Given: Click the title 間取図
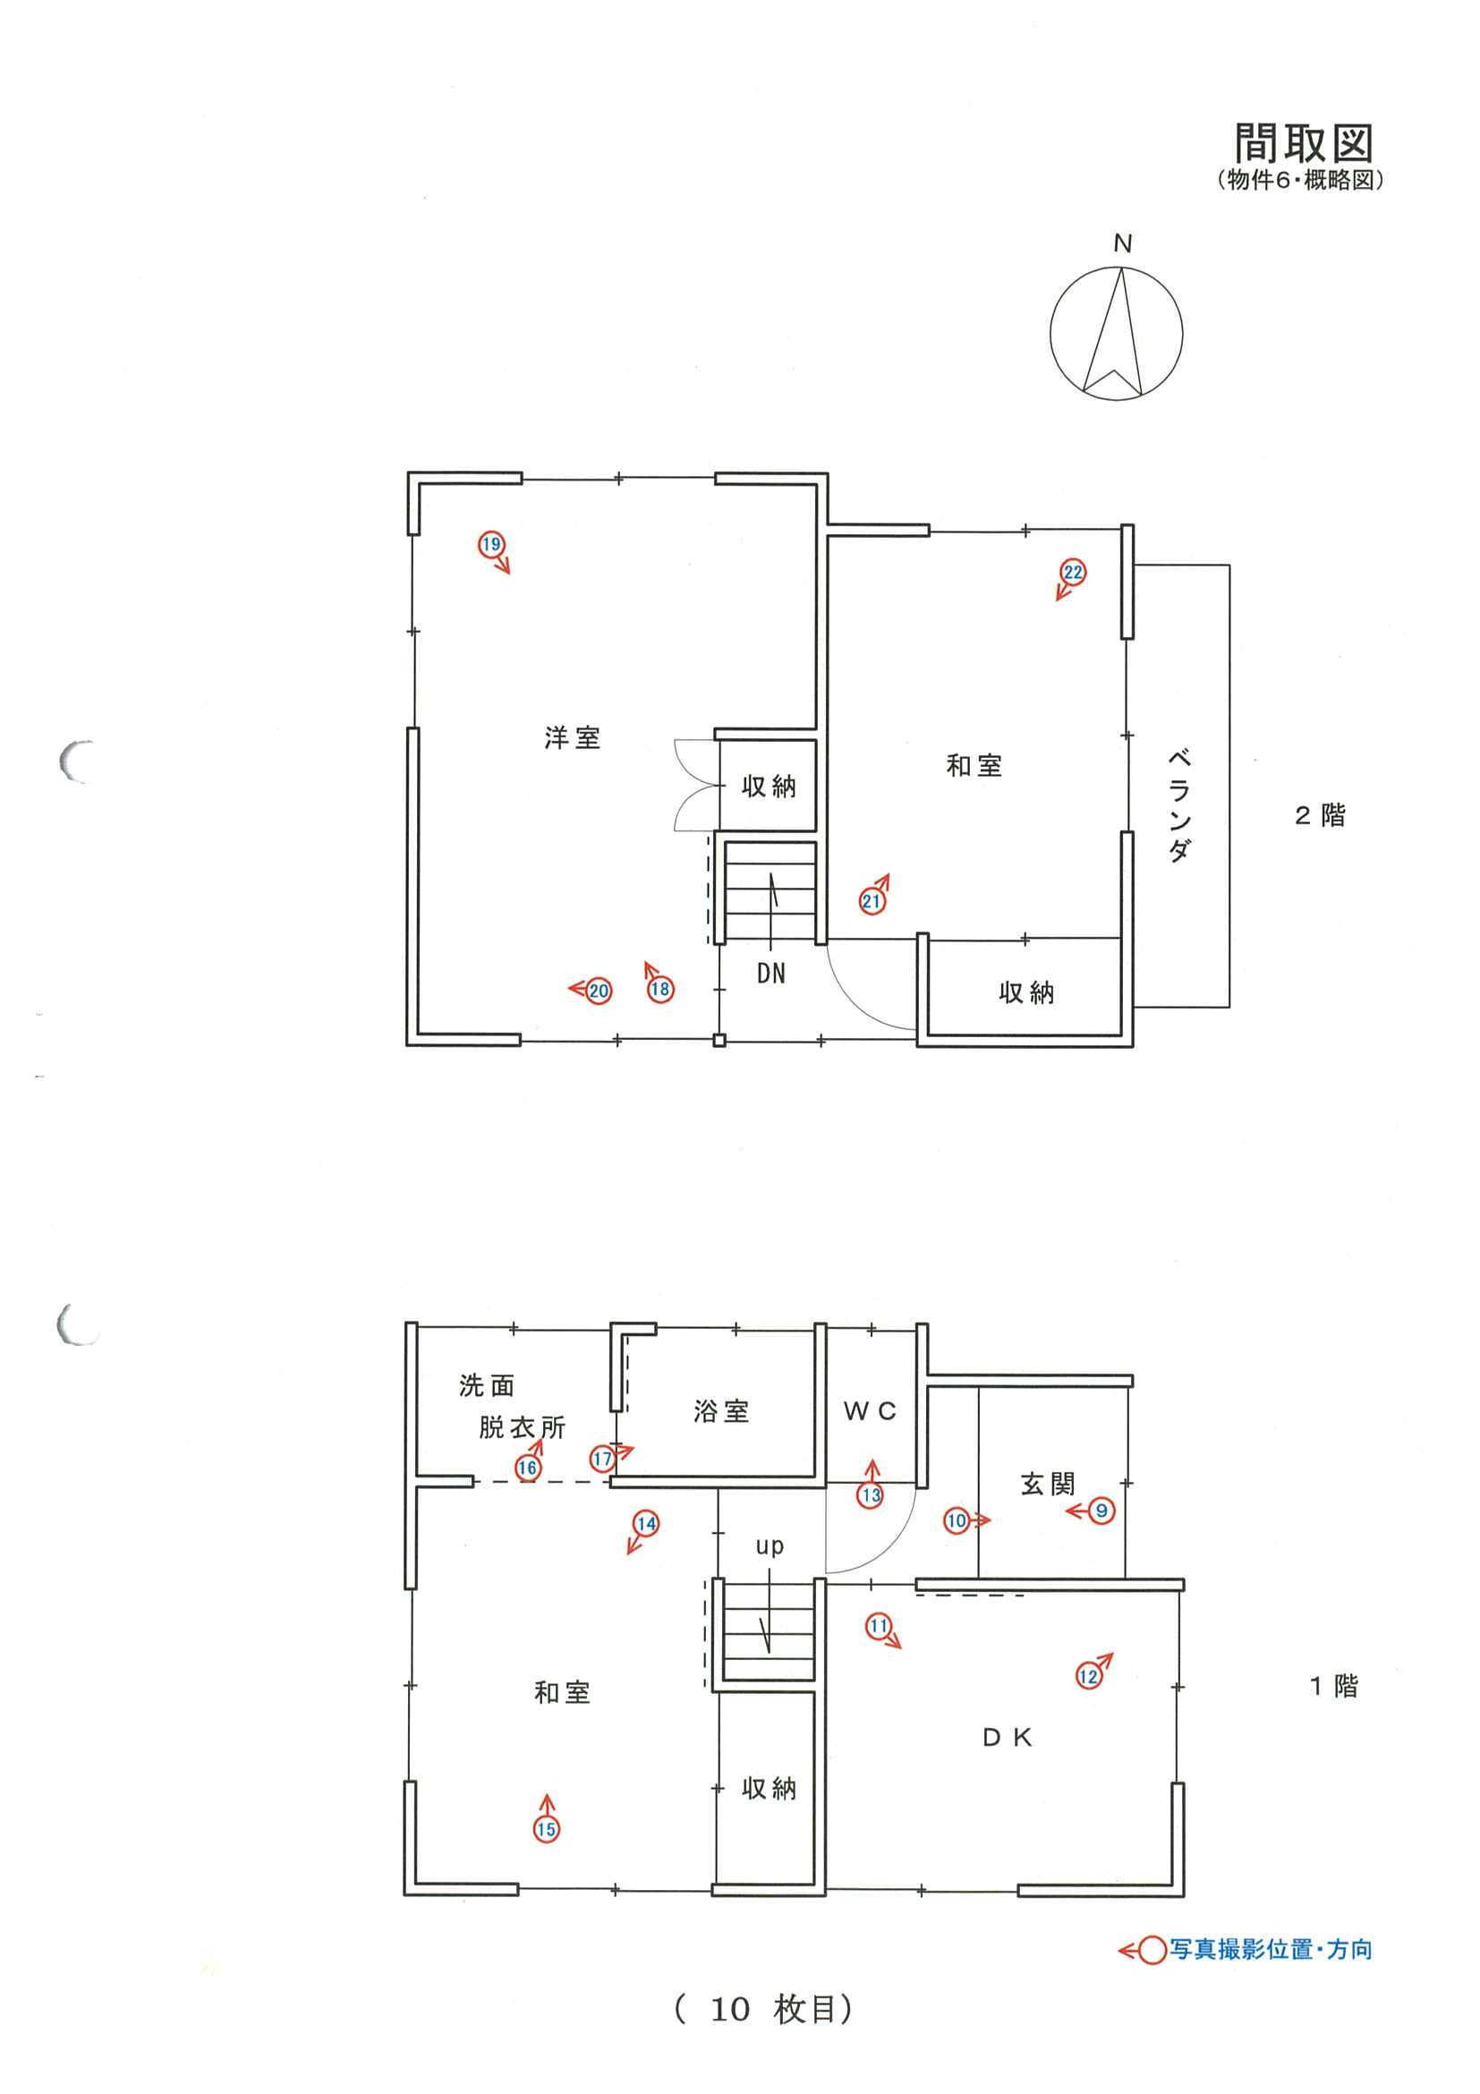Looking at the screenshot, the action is (1303, 143).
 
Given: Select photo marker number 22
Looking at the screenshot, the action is (1073, 573).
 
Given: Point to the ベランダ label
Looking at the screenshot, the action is (1178, 805).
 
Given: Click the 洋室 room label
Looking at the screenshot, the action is (573, 738).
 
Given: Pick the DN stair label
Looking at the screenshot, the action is (770, 974).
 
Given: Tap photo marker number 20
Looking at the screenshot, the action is (599, 992).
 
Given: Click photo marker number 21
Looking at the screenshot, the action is (872, 902).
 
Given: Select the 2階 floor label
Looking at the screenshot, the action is (1320, 815).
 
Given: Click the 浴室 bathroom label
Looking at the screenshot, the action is (721, 1413).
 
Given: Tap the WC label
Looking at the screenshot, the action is (870, 1412).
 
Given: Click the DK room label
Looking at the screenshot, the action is (1008, 1739).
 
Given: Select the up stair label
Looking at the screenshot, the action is (770, 1547).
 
